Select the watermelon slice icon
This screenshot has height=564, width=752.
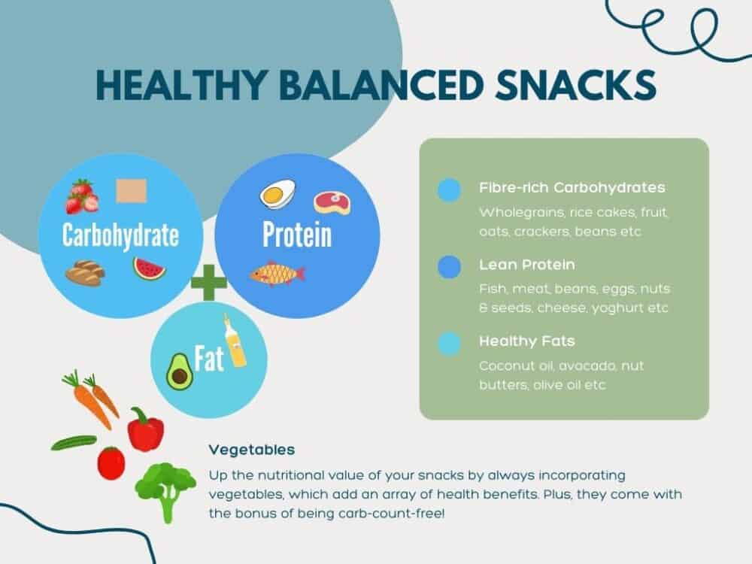(149, 268)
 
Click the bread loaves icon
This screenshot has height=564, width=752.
(84, 273)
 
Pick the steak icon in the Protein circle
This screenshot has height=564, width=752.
(332, 202)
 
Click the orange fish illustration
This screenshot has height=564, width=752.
(277, 272)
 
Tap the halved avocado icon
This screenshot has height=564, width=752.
(180, 371)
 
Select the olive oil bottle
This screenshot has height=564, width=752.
(235, 343)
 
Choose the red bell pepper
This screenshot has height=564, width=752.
(145, 429)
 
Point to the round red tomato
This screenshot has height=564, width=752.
(111, 462)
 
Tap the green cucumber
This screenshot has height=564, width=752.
(74, 443)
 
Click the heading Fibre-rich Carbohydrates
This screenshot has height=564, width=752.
(572, 188)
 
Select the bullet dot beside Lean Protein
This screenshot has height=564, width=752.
(449, 267)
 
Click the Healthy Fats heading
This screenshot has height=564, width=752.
(527, 341)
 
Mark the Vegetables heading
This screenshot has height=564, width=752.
(252, 450)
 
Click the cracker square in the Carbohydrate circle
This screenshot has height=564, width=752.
(129, 191)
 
